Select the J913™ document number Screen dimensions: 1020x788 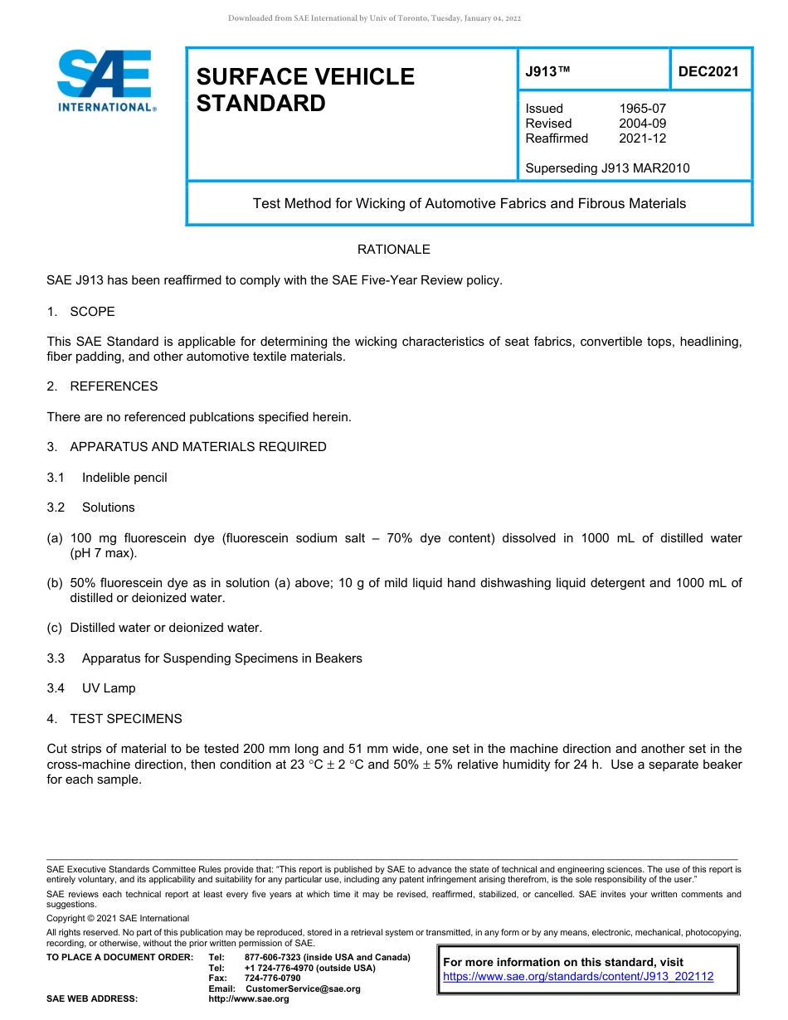(x=547, y=71)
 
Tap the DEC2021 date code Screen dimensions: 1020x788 (x=708, y=71)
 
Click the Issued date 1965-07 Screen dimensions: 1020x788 (x=642, y=109)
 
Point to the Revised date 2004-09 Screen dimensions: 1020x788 (x=642, y=124)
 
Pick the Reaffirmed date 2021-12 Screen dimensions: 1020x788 (x=642, y=138)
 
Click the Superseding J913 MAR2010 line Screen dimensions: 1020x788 (x=607, y=168)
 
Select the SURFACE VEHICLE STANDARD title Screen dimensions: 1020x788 (x=305, y=90)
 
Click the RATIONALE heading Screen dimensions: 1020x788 (x=393, y=250)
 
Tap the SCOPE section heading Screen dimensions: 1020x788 (x=92, y=312)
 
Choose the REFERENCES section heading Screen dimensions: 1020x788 (x=113, y=386)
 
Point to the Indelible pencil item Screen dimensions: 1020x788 (x=124, y=478)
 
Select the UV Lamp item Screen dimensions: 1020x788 (x=108, y=688)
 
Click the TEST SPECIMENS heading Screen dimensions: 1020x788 (x=125, y=719)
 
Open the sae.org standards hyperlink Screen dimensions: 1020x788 (x=578, y=977)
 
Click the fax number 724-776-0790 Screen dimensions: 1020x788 (x=272, y=979)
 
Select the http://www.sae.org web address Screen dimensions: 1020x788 (x=249, y=999)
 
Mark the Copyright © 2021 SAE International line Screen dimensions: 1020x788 (x=118, y=918)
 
